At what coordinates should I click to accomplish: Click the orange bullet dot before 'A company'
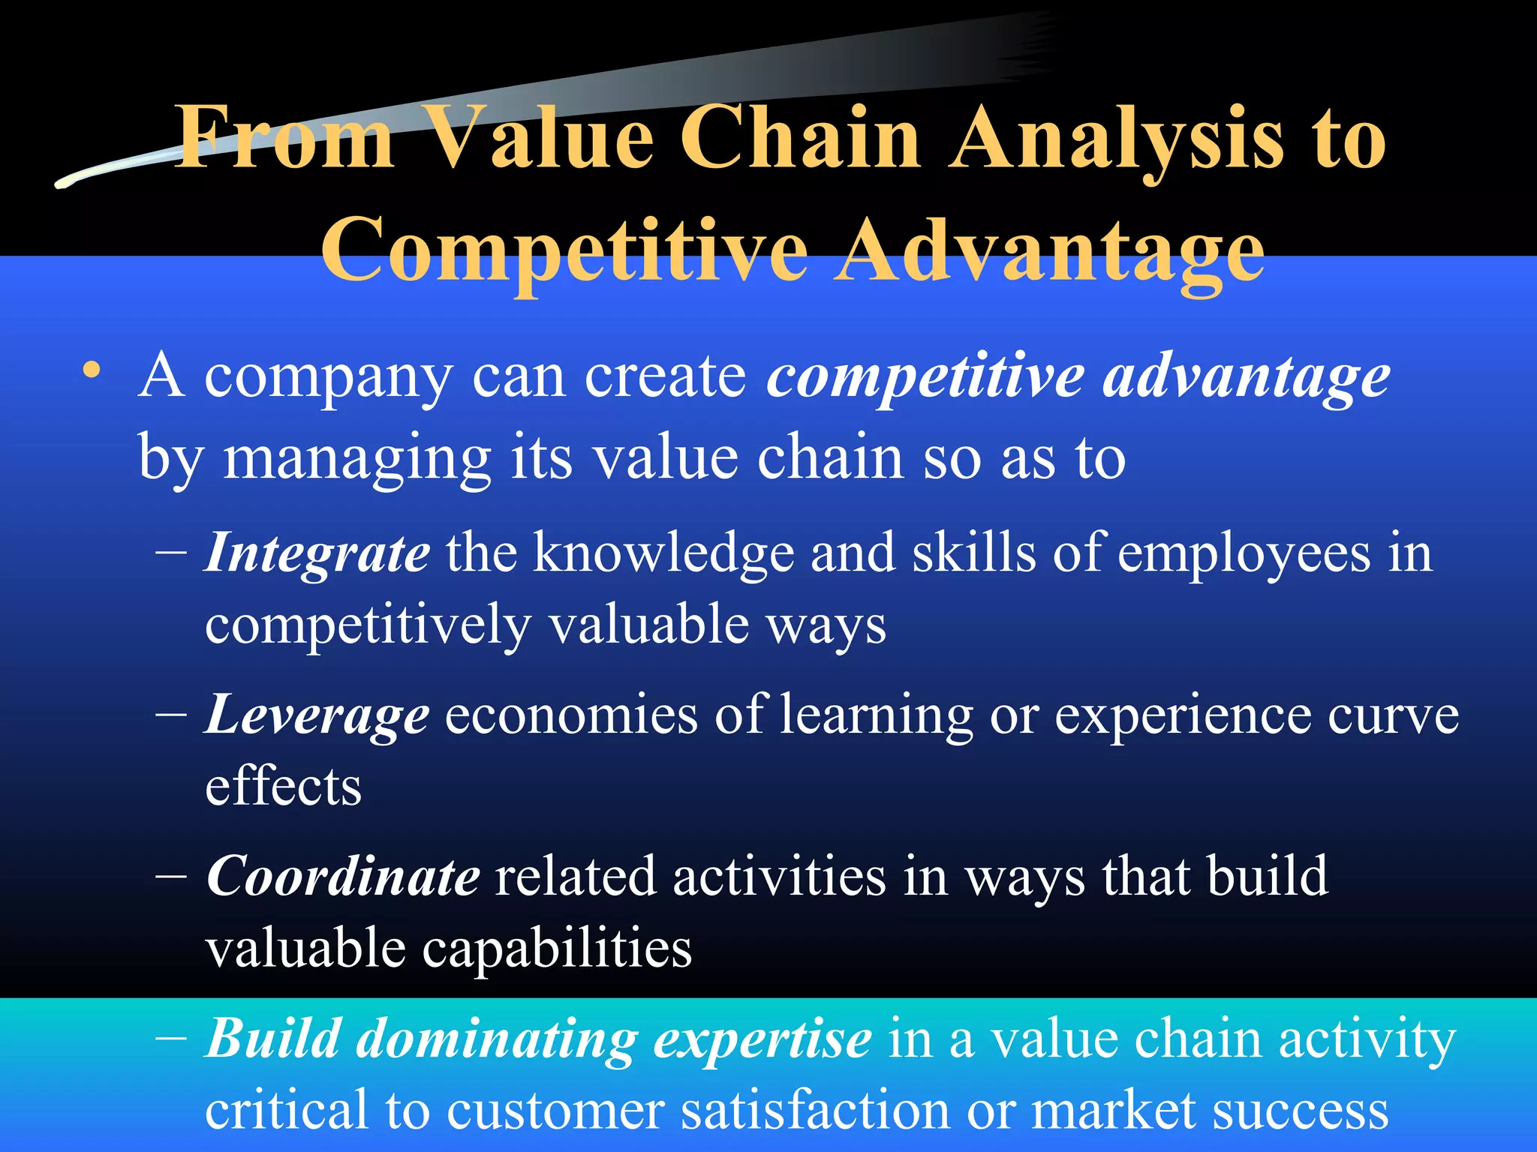pyautogui.click(x=92, y=370)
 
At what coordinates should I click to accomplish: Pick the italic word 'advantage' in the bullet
pyautogui.click(x=1246, y=377)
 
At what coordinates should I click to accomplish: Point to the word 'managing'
pyautogui.click(x=357, y=459)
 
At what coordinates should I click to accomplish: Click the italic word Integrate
pyautogui.click(x=317, y=553)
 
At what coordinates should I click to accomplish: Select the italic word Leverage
pyautogui.click(x=317, y=715)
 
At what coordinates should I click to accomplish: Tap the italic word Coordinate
pyautogui.click(x=342, y=876)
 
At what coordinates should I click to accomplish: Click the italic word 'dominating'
pyautogui.click(x=496, y=1040)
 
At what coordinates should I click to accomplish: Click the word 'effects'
pyautogui.click(x=284, y=787)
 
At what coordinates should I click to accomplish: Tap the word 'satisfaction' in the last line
pyautogui.click(x=814, y=1111)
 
